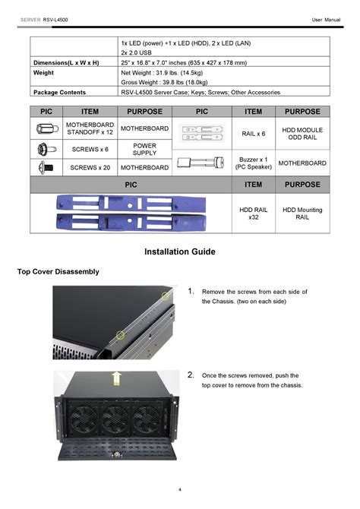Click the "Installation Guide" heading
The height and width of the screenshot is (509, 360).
tap(179, 251)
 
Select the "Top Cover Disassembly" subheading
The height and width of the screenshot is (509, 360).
tap(58, 272)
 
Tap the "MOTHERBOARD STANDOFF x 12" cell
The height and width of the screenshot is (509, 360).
tap(90, 128)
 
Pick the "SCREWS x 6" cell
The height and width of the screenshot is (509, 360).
tap(90, 150)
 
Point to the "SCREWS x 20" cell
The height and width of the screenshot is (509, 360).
tap(90, 167)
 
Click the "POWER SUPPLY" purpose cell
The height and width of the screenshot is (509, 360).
tap(144, 150)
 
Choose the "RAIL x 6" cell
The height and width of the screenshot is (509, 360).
tap(253, 134)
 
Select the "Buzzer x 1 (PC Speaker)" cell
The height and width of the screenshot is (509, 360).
tap(253, 163)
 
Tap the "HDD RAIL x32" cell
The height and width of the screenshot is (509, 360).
tap(253, 213)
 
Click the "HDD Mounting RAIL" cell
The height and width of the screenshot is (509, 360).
tap(302, 213)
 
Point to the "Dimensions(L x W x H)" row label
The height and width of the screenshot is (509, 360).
tap(66, 62)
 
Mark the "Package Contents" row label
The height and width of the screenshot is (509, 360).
tap(59, 92)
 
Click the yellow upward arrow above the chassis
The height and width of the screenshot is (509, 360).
tap(116, 378)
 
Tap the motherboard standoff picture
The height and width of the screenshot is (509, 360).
tap(47, 128)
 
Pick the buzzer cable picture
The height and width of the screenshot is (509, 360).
tap(201, 162)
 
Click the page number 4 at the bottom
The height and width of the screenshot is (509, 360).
tap(180, 489)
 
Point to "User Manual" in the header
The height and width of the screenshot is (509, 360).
tap(326, 20)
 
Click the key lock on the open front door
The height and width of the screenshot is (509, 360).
tap(117, 454)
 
